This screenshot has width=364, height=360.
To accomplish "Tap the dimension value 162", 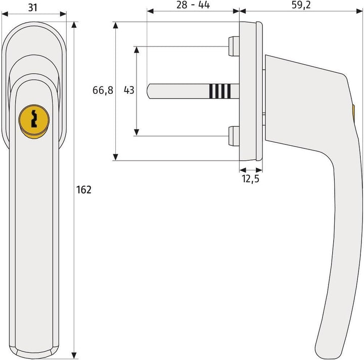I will pos(84,190).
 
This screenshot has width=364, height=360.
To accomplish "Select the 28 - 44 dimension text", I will pos(193,6).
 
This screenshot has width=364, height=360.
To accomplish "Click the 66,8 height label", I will pos(103,91).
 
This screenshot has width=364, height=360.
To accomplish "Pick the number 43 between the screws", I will pos(129,91).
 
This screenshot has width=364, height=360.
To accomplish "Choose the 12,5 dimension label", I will pos(250,179).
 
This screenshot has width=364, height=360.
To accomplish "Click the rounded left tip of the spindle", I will pos(150,91).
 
